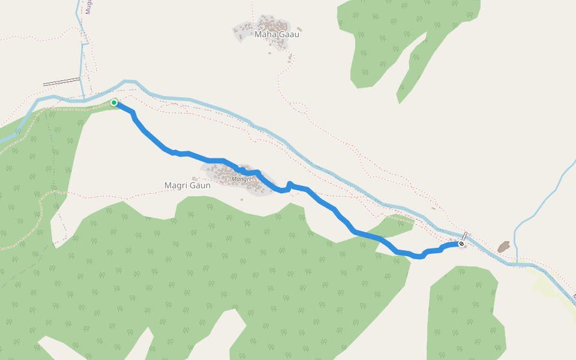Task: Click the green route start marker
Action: (114, 103)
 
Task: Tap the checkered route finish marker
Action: (461, 244)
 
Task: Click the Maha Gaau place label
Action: (277, 34)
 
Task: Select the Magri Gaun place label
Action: (187, 185)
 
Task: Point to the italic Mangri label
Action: (241, 179)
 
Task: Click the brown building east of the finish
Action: (503, 247)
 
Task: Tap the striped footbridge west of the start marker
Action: (62, 82)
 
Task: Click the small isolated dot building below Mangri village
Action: (242, 200)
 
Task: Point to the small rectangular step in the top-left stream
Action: (85, 44)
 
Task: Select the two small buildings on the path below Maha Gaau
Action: (290, 59)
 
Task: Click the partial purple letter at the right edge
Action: (574, 296)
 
